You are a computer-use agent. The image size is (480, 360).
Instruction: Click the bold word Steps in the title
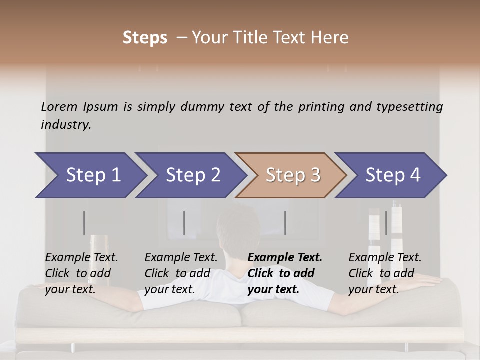(x=145, y=38)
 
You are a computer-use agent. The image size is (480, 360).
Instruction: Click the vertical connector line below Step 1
(x=84, y=223)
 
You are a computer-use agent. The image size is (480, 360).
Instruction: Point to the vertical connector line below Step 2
(x=184, y=223)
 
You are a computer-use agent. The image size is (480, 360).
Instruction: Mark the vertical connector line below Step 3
(x=285, y=223)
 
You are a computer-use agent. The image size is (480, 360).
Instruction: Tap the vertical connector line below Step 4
(x=386, y=223)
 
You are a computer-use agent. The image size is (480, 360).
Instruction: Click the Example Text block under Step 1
(x=81, y=273)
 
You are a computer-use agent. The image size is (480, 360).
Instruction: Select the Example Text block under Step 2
(x=181, y=273)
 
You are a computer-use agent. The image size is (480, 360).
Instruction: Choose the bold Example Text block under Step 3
(x=284, y=273)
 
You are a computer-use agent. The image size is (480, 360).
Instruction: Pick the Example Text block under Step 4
(x=385, y=273)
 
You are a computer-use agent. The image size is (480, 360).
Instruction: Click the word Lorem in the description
(x=59, y=106)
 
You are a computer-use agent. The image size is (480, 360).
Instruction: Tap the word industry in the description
(x=66, y=125)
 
